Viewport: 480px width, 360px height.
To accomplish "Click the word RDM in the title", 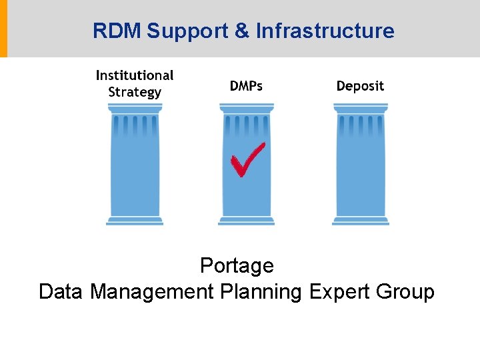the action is (117, 31).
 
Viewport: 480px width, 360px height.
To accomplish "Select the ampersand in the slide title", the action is (243, 31).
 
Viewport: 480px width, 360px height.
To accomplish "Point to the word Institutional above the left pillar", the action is (135, 75).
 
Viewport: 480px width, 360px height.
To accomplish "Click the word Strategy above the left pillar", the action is (135, 92).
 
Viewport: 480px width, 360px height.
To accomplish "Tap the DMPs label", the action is (246, 86).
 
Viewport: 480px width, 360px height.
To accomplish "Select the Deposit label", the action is (360, 86).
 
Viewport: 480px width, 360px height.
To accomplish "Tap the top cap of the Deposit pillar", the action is (361, 107).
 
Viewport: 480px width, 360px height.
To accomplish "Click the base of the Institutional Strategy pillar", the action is (135, 221).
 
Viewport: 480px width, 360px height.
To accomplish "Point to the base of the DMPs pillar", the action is (247, 221).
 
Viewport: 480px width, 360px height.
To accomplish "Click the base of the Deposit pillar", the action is (361, 221).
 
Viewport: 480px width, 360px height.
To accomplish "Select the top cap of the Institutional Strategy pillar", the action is (135, 107).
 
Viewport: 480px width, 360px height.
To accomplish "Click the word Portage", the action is (237, 266).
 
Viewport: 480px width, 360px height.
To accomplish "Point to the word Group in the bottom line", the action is (405, 292).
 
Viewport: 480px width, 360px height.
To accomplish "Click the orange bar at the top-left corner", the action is (3, 29).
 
